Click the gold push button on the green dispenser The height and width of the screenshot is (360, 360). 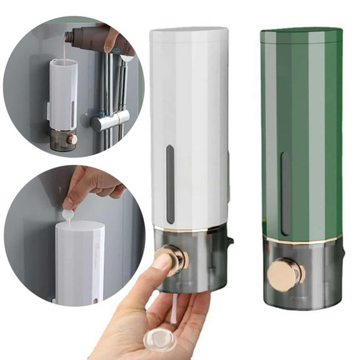tap(286, 274)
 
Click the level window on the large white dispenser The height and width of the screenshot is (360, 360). tap(170, 184)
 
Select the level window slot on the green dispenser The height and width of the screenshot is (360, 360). tap(285, 193)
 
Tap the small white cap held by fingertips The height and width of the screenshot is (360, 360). tap(67, 214)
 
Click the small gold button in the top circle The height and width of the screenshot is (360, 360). tap(72, 139)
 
